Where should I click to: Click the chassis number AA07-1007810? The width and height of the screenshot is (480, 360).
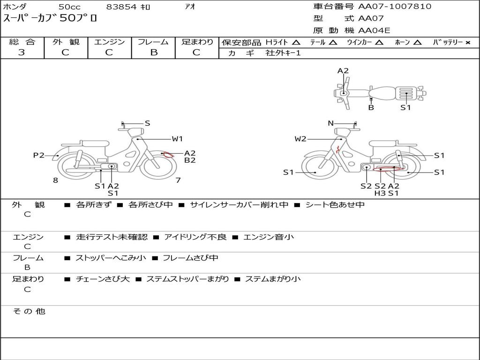point(395,7)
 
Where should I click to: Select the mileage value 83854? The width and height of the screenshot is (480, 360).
point(121,7)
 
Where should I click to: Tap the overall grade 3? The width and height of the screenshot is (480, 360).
point(22,52)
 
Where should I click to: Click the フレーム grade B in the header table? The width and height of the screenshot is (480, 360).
point(154,52)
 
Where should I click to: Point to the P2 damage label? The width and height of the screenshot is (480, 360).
point(38,156)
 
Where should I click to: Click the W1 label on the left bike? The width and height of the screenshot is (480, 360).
point(177,139)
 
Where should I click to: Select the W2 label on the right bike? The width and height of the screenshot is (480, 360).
point(300,139)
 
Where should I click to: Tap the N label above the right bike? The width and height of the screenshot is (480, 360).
point(330,123)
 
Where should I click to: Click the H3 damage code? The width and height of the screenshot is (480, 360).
point(380,193)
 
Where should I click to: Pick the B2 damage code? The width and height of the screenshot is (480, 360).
point(190,160)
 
